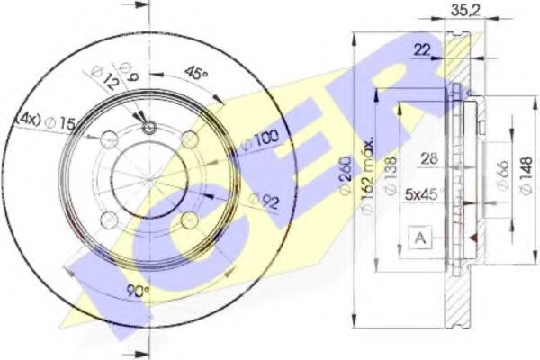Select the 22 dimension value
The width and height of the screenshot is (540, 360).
pos(422,50)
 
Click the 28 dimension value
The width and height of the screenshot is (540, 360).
pos(431,159)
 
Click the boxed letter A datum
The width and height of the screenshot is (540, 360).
pos(419,238)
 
